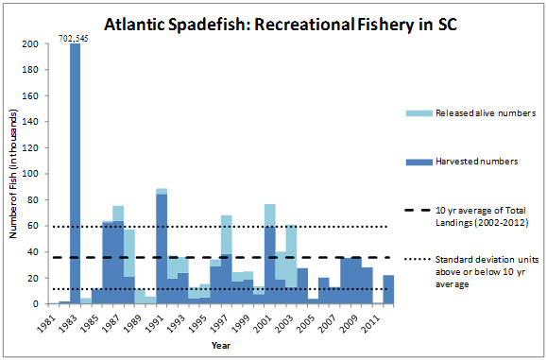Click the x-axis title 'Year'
coord(220,346)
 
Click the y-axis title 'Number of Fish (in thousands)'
coord(11,174)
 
